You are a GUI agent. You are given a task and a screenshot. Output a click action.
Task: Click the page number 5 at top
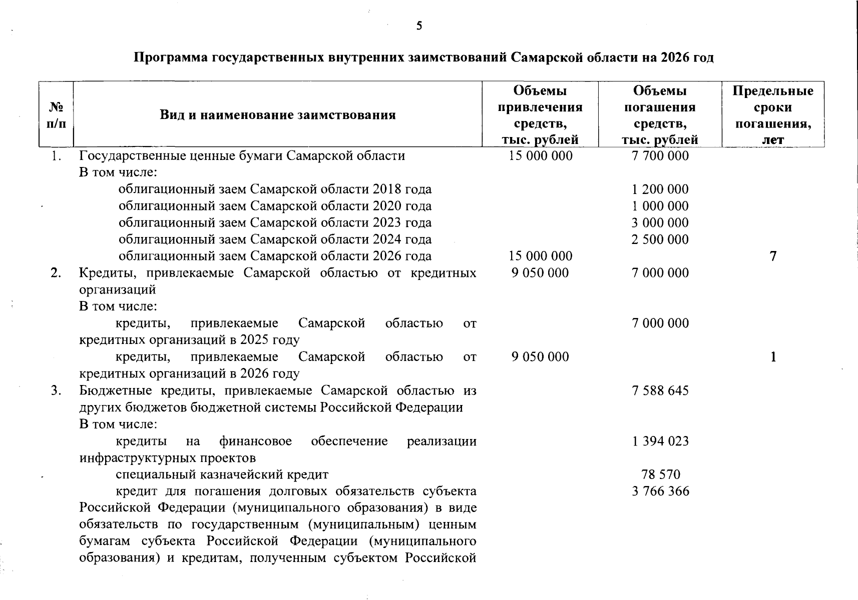(x=419, y=26)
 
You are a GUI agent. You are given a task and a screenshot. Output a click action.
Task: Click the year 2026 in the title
(x=676, y=57)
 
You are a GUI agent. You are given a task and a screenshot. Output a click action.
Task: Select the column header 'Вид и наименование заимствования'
(x=278, y=115)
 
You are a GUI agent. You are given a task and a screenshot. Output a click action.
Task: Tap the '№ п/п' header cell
(x=56, y=114)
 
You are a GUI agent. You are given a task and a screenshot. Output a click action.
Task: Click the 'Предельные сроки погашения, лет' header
(x=773, y=114)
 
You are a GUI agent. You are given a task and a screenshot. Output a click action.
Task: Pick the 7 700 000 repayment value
(x=660, y=156)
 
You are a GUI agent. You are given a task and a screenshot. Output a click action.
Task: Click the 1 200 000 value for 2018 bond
(x=660, y=189)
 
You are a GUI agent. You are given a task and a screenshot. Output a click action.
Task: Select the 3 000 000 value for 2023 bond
(x=660, y=223)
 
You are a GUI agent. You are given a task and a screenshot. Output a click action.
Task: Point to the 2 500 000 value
(x=660, y=239)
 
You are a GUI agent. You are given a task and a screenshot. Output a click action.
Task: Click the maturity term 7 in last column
(x=773, y=256)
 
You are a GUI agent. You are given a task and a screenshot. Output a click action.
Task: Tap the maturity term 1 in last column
(x=773, y=357)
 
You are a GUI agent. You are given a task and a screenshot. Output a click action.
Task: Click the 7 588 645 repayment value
(x=660, y=390)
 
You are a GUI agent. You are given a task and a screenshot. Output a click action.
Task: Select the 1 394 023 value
(x=660, y=441)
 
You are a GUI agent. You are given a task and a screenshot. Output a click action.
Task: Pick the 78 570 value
(x=661, y=474)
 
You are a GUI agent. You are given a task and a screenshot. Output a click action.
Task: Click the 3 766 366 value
(x=660, y=491)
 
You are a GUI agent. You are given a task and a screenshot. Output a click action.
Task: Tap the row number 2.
(x=56, y=273)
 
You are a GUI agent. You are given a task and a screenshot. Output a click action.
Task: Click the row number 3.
(x=56, y=390)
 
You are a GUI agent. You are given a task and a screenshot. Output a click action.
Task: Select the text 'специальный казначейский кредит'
(x=222, y=474)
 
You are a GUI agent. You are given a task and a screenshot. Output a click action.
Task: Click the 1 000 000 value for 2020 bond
(x=660, y=206)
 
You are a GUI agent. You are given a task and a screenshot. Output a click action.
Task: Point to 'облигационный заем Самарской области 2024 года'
(x=275, y=239)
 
